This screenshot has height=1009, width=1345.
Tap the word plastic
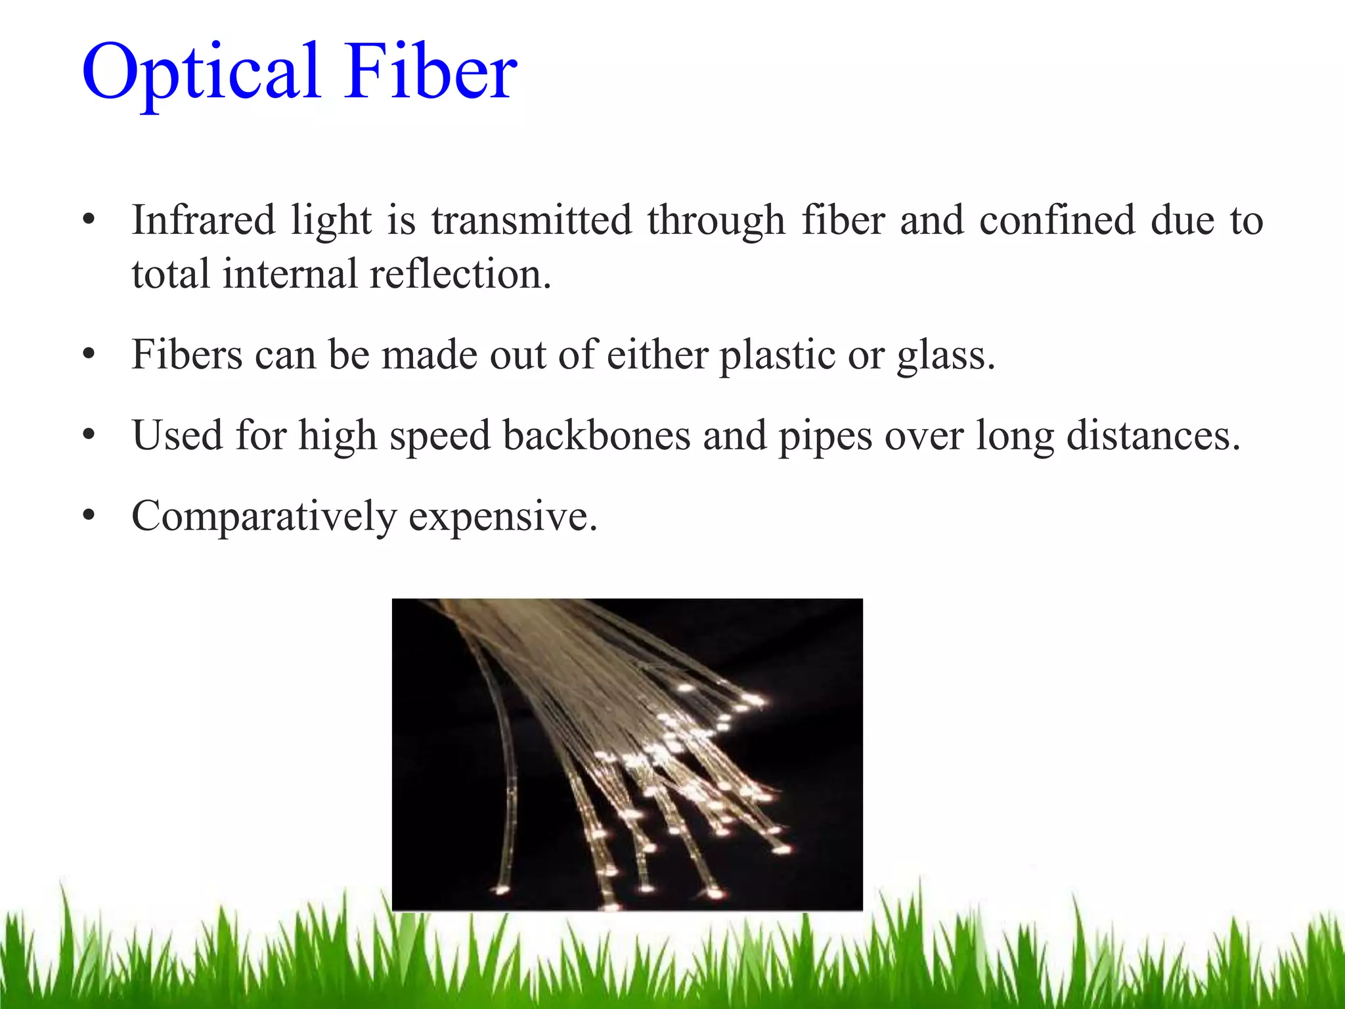[x=778, y=355]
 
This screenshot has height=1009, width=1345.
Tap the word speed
[x=440, y=436]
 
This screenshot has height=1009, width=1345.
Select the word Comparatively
[x=264, y=516]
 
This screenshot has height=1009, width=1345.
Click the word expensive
[x=503, y=516]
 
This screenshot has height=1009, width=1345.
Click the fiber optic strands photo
[x=627, y=754]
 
